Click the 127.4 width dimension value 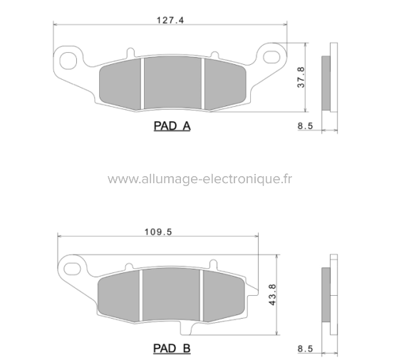coord(172,21)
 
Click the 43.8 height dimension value coord(272,294)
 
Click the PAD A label coord(172,126)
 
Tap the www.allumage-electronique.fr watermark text coord(200,179)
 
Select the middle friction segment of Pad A coord(174,84)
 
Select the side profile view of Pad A coord(328,82)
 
